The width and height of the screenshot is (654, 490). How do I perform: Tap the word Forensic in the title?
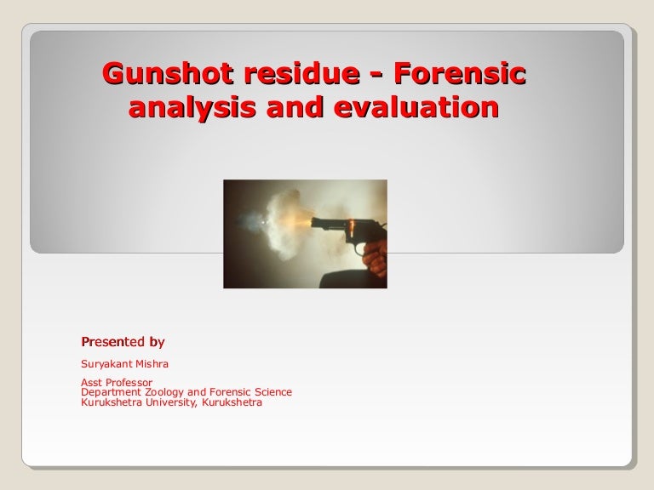(462, 75)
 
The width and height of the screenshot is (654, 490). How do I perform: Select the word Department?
(108, 392)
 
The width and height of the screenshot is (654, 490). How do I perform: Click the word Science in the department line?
(272, 392)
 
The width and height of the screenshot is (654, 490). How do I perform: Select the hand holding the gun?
(374, 255)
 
